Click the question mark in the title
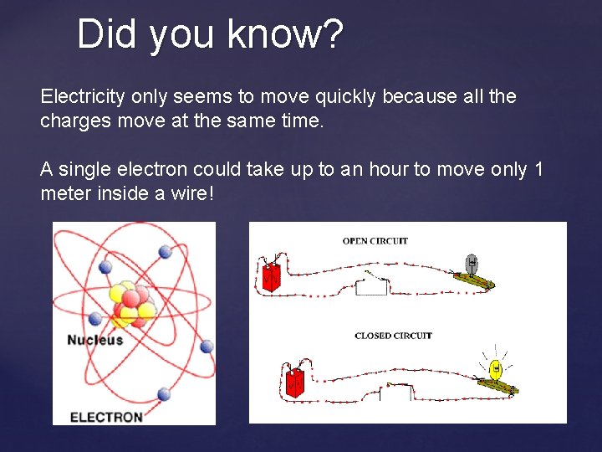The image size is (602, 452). [x=332, y=35]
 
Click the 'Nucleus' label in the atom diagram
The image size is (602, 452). [x=94, y=340]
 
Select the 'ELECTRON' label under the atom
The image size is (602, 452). [x=106, y=416]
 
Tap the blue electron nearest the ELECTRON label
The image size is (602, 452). [x=164, y=393]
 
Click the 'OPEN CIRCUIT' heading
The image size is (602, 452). [x=375, y=241]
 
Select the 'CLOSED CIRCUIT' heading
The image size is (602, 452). [x=393, y=336]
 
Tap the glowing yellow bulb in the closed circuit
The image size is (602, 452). [x=495, y=367]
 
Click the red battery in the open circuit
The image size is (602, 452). [x=271, y=276]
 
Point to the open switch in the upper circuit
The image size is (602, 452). [x=373, y=281]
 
